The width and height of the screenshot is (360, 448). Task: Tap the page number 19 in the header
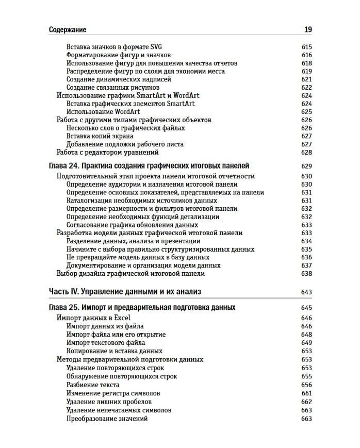(x=308, y=29)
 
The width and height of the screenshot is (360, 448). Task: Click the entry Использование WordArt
(x=99, y=111)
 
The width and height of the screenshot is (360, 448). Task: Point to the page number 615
(x=306, y=47)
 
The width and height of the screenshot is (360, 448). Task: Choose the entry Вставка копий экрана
(x=100, y=136)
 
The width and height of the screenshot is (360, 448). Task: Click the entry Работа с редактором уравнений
(x=107, y=152)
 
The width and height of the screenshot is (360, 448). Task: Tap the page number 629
(x=306, y=166)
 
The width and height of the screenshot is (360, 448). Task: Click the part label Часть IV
(x=63, y=292)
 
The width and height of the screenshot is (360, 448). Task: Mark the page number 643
(x=306, y=292)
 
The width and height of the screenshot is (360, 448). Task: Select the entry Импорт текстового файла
(x=106, y=343)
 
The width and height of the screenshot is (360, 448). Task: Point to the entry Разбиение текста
(x=93, y=385)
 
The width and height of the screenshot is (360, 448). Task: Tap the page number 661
(x=306, y=393)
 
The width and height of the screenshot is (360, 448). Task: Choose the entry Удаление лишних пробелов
(x=109, y=402)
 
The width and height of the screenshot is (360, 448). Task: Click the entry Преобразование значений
(x=107, y=419)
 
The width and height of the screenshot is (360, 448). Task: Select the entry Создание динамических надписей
(x=119, y=79)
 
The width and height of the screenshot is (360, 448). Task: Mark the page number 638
(x=306, y=274)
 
